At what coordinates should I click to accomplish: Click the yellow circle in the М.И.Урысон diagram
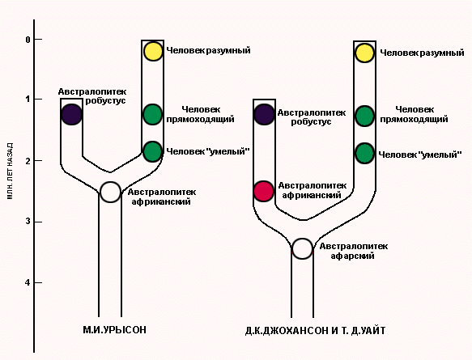pyautogui.click(x=153, y=52)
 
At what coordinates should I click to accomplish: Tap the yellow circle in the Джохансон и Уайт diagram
pyautogui.click(x=364, y=53)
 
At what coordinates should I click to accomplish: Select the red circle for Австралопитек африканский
pyautogui.click(x=264, y=191)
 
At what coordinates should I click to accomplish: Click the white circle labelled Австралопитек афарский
pyautogui.click(x=303, y=249)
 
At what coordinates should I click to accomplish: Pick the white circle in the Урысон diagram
pyautogui.click(x=110, y=193)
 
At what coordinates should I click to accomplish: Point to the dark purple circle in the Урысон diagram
pyautogui.click(x=71, y=115)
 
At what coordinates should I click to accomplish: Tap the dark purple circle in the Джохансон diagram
pyautogui.click(x=264, y=115)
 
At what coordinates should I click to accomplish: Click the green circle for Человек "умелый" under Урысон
pyautogui.click(x=153, y=151)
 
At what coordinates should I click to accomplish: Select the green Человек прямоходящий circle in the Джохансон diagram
pyautogui.click(x=364, y=116)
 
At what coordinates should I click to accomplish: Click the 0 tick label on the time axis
pyautogui.click(x=28, y=40)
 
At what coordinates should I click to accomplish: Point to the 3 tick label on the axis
pyautogui.click(x=28, y=222)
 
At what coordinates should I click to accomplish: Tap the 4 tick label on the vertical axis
pyautogui.click(x=28, y=282)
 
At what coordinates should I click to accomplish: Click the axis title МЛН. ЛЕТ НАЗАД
pyautogui.click(x=10, y=172)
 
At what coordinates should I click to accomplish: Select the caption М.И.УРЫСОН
pyautogui.click(x=115, y=330)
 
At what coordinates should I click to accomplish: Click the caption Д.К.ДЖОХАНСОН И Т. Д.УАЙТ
pyautogui.click(x=315, y=331)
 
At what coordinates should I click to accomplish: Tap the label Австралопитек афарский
pyautogui.click(x=354, y=251)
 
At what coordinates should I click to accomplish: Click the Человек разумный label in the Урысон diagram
pyautogui.click(x=208, y=50)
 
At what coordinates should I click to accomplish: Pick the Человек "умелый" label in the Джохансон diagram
pyautogui.click(x=420, y=155)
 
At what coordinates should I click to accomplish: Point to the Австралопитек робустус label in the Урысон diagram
pyautogui.click(x=92, y=96)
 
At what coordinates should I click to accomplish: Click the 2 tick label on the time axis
pyautogui.click(x=28, y=160)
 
